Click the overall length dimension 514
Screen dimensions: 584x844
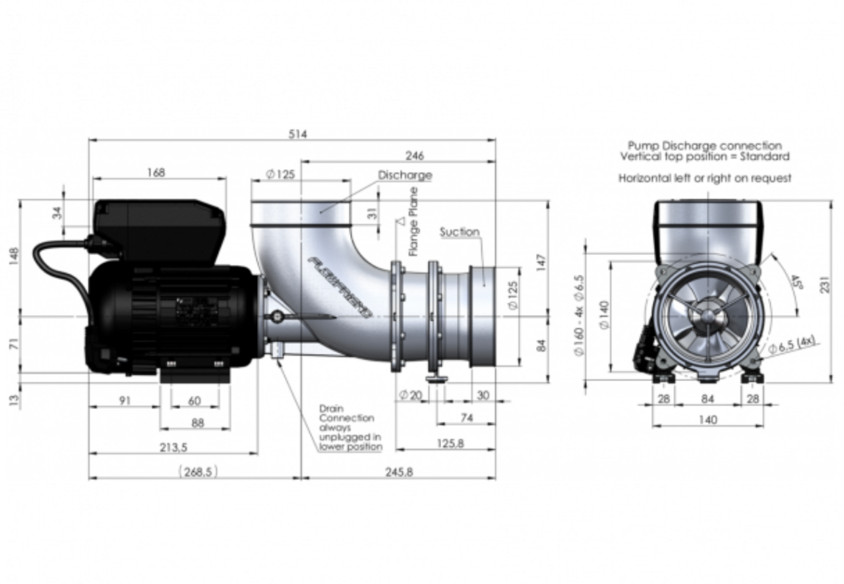click(299, 134)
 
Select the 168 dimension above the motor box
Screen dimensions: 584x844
click(156, 173)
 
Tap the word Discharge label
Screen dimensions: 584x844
click(405, 175)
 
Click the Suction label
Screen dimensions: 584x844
click(460, 232)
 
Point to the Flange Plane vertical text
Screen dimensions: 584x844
click(413, 221)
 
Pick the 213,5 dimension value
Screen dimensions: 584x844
click(173, 448)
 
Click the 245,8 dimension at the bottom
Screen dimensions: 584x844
click(399, 473)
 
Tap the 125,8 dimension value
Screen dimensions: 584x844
click(450, 444)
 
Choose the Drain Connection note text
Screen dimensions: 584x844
click(349, 427)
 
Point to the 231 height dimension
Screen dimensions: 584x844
click(825, 285)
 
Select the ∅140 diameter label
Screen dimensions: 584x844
click(605, 314)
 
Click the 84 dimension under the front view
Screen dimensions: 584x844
click(708, 399)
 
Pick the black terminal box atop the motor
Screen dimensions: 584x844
click(158, 229)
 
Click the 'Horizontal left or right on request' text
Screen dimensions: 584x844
click(704, 178)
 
